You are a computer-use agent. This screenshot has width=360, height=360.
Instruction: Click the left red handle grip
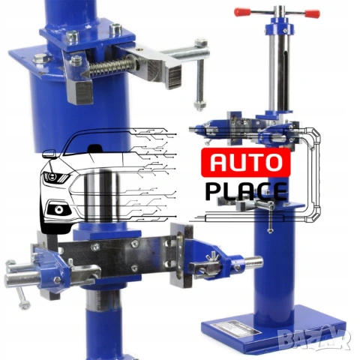[x=242, y=11]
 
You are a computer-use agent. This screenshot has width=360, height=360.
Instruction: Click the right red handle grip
[x=313, y=13]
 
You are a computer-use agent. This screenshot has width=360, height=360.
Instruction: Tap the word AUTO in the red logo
[x=245, y=162]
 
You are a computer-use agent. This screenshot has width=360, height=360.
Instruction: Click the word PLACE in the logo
[x=246, y=191]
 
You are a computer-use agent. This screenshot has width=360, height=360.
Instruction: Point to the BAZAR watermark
[x=313, y=338]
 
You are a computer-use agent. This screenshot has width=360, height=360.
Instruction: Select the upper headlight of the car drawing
[x=55, y=177]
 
